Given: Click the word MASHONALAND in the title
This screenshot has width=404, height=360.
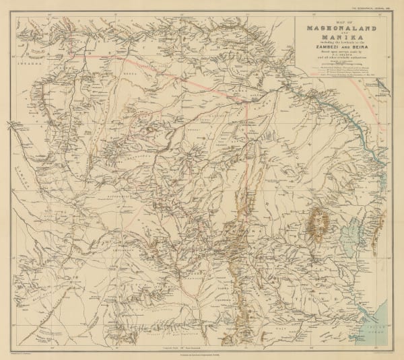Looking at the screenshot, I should [341, 28].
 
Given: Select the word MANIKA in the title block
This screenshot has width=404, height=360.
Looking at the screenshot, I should [341, 38].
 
